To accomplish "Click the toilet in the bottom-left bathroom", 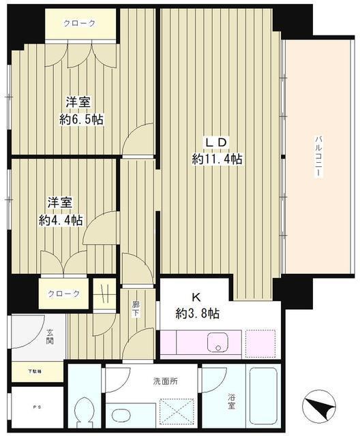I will click(85, 412).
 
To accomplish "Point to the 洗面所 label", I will click(165, 381).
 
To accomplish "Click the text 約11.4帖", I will click(217, 159).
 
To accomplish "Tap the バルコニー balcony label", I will click(318, 157).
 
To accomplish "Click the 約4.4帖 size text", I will click(61, 220).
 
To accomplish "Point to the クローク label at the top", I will click(79, 22).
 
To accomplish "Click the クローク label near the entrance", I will click(63, 294).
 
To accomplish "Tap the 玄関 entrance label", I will click(50, 337).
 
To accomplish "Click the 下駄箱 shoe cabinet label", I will click(34, 371).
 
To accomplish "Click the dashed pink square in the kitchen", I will click(260, 342).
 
